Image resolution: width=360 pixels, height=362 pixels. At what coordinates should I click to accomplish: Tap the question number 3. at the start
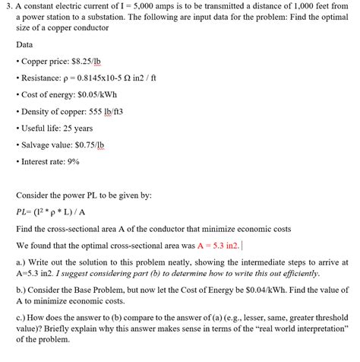click(x=6, y=6)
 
